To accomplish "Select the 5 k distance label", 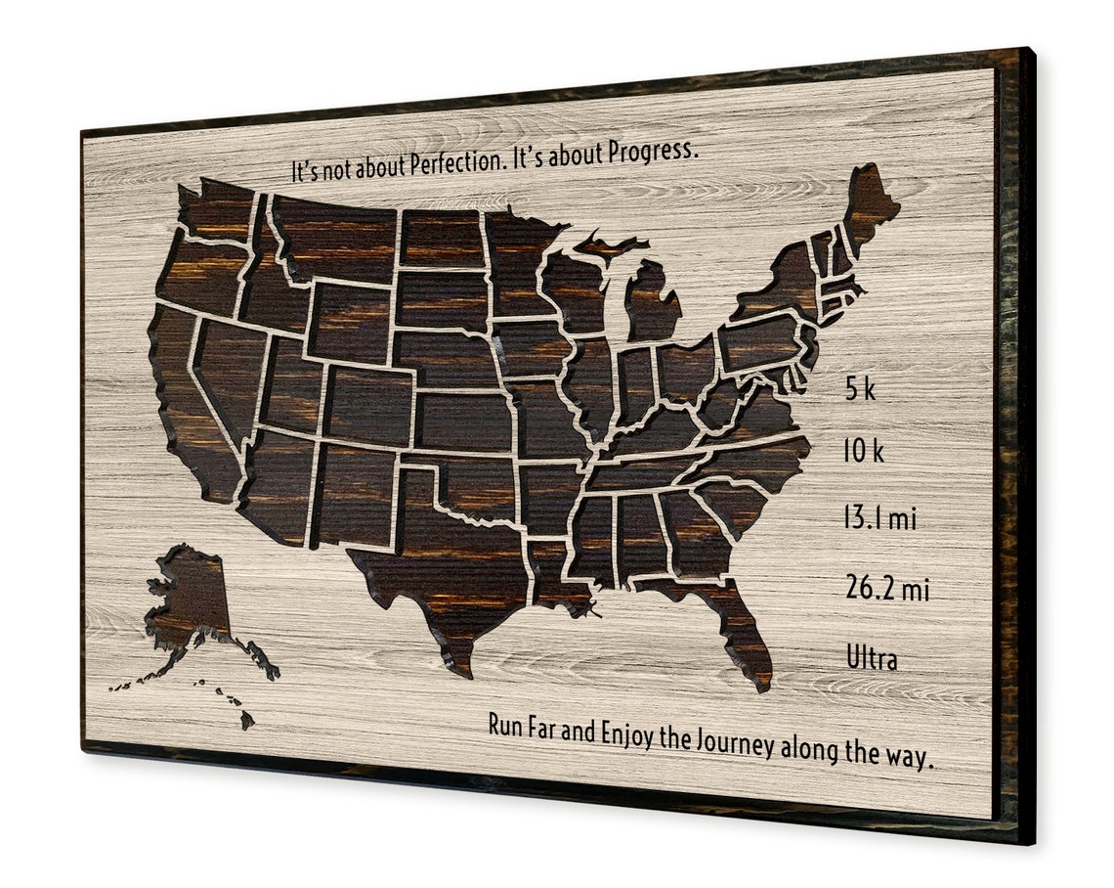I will [860, 390].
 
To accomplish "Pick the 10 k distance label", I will [864, 452].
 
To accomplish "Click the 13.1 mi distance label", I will [879, 518].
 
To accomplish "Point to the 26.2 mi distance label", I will [886, 589].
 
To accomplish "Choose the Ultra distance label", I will [872, 659].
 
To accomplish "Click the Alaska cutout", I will [191, 597].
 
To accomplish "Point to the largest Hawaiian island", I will [247, 720].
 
